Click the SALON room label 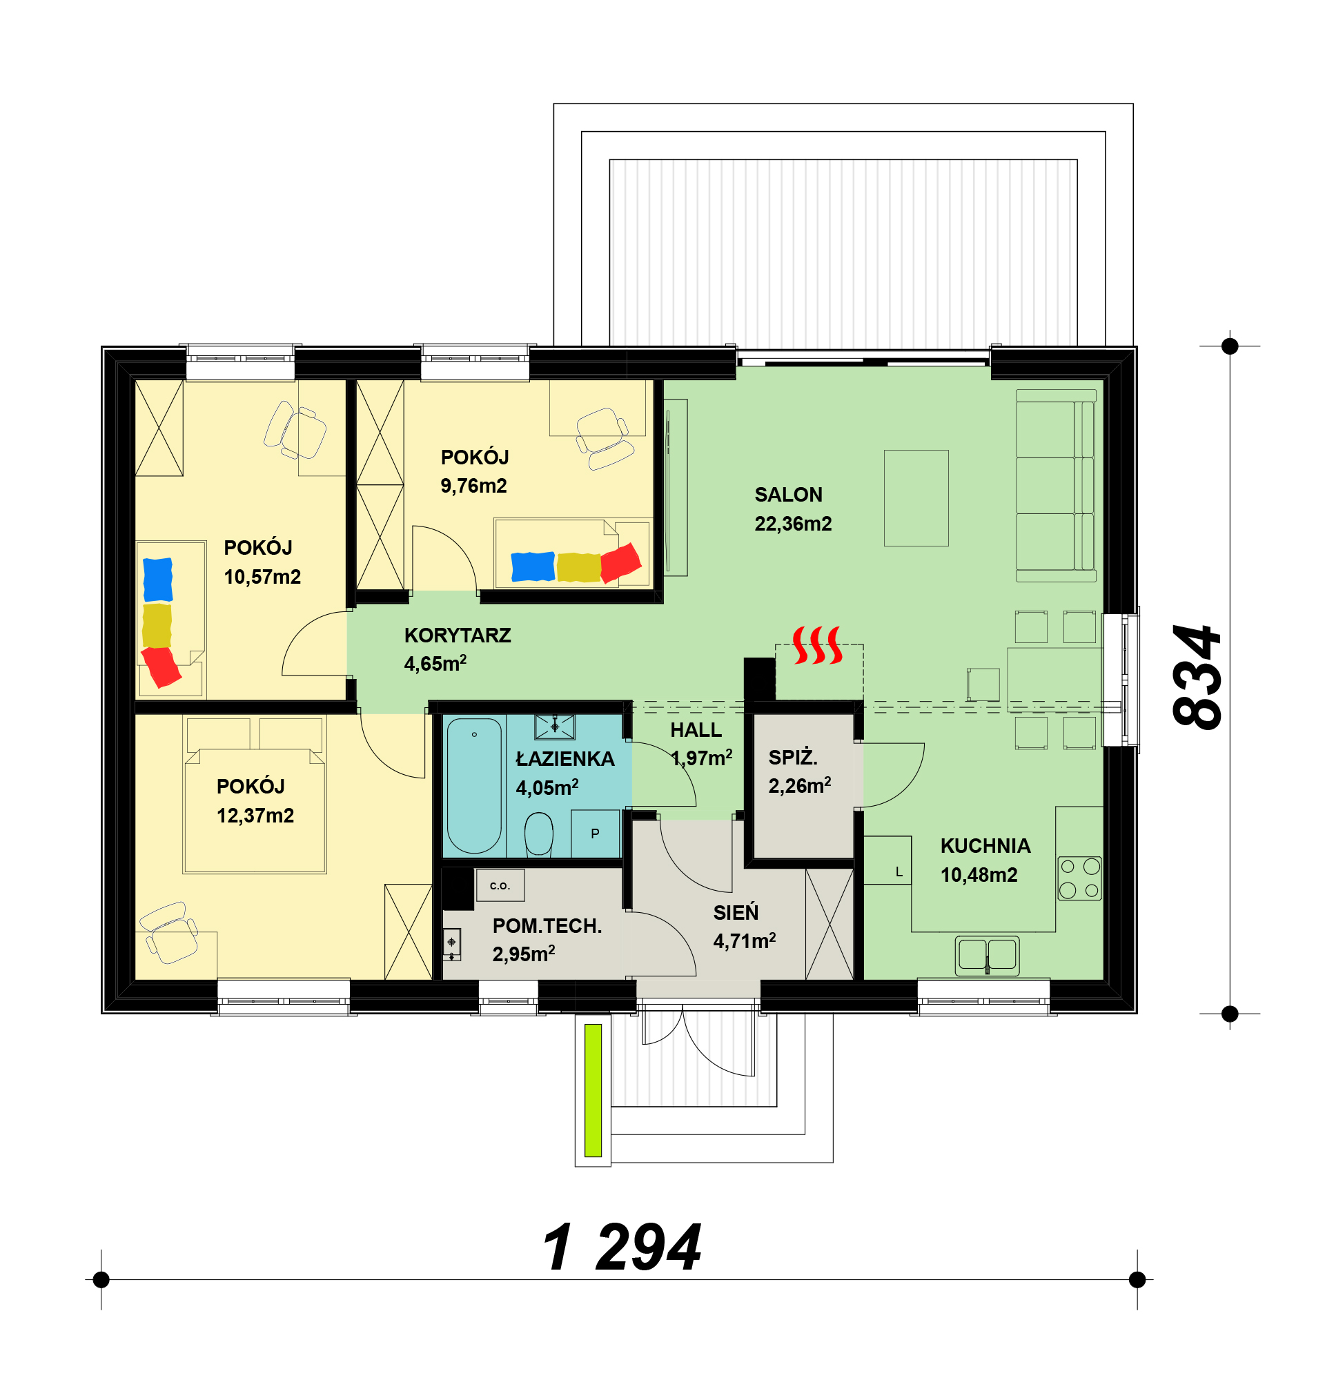[x=788, y=495]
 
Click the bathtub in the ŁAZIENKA [x=474, y=786]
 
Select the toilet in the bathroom [x=538, y=834]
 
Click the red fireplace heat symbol [x=817, y=645]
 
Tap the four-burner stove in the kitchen [x=1079, y=878]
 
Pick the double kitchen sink [x=987, y=956]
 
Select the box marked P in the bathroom [x=595, y=834]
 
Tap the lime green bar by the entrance [x=593, y=1090]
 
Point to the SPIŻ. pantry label [x=793, y=758]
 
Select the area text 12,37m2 [x=255, y=816]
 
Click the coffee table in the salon [x=916, y=498]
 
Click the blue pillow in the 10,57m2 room [x=158, y=580]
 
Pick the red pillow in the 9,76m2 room [x=620, y=562]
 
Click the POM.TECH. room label [x=547, y=927]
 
